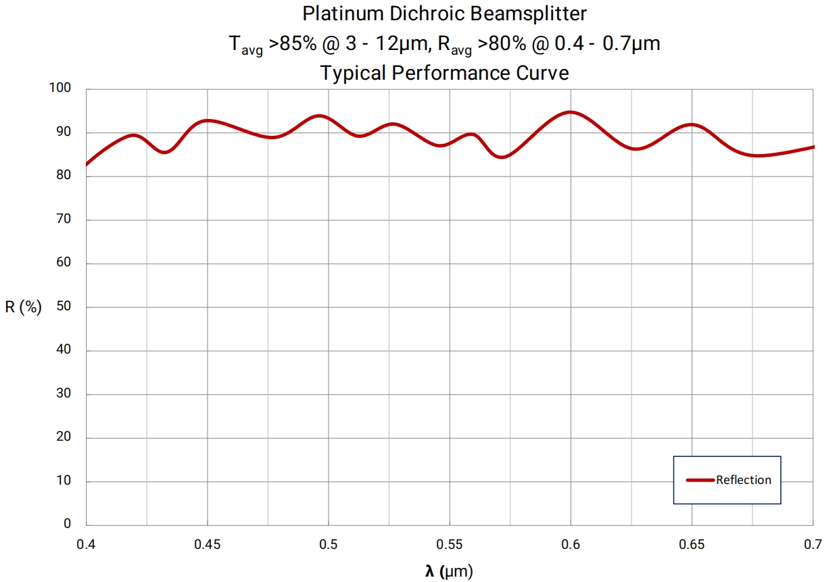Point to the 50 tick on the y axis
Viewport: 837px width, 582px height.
click(x=64, y=307)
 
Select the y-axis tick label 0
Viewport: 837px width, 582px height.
click(x=67, y=524)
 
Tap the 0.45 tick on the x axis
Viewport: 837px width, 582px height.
click(x=208, y=544)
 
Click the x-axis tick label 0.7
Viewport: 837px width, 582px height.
click(x=813, y=544)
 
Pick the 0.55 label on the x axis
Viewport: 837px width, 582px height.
click(x=450, y=544)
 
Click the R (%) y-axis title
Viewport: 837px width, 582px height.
click(x=24, y=308)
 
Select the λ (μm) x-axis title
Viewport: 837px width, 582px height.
click(x=449, y=572)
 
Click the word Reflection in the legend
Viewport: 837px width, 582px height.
click(x=744, y=480)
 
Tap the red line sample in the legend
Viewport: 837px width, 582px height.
click(x=700, y=480)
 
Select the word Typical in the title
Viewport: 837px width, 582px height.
click(x=354, y=73)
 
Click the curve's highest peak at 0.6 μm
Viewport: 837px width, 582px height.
click(x=571, y=112)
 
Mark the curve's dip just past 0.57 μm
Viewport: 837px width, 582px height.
click(x=502, y=157)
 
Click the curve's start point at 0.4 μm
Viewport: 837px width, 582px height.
click(x=87, y=164)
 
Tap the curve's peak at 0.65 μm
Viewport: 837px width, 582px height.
click(x=691, y=124)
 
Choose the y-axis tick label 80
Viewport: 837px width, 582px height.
click(x=64, y=176)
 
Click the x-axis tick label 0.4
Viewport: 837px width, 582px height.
click(x=86, y=544)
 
